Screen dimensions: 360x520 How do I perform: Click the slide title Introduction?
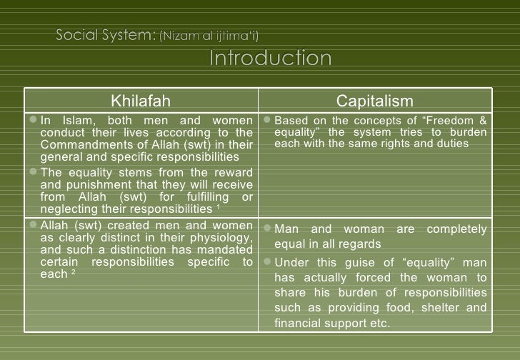tap(270, 59)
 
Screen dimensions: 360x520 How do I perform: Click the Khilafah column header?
tap(140, 101)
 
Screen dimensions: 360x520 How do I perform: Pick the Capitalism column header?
tap(374, 101)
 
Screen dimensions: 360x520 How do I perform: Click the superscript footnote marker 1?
tap(217, 209)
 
